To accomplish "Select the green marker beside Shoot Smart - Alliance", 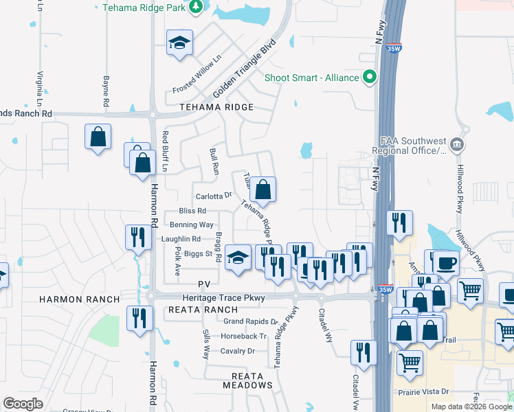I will click(370, 77).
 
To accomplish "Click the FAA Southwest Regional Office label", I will click(409, 145).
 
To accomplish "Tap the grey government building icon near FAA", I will click(458, 145).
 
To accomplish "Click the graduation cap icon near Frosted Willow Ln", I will click(179, 43).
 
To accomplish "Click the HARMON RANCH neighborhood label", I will click(79, 299).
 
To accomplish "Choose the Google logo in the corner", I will click(23, 404).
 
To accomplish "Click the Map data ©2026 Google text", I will click(471, 407).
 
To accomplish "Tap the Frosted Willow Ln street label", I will click(197, 75).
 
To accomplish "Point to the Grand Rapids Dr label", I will click(250, 321).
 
